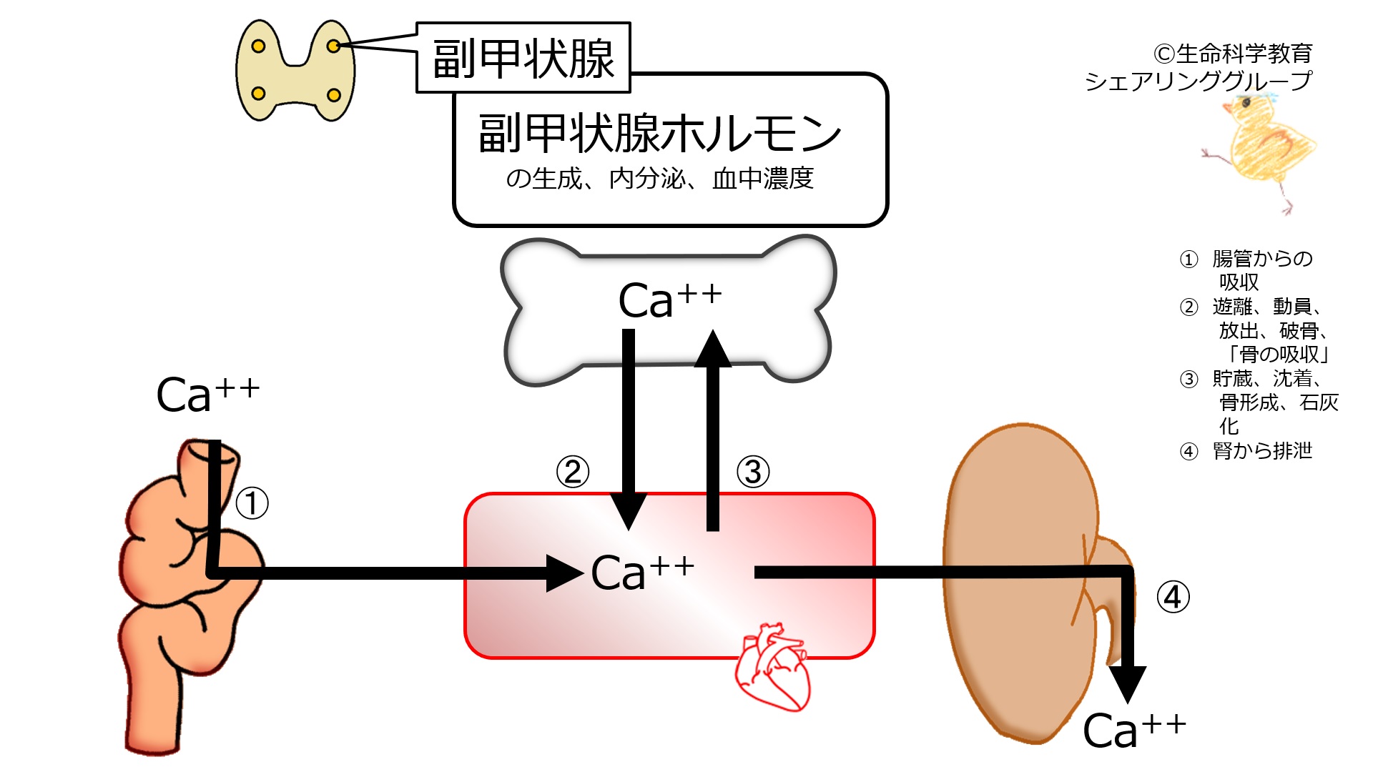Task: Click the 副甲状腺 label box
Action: click(523, 58)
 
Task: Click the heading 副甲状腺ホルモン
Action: click(659, 133)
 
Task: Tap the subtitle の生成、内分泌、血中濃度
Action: click(659, 178)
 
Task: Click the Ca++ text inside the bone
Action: click(669, 299)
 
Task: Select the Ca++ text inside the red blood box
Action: click(642, 572)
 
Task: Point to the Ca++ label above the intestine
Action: click(207, 394)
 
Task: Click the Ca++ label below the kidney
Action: click(1134, 729)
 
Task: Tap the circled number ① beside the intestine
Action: click(252, 503)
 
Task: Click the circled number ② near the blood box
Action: click(573, 472)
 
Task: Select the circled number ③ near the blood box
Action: click(753, 472)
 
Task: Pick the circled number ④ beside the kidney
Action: click(1173, 597)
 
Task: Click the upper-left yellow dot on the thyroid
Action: click(259, 46)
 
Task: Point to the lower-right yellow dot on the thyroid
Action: click(333, 95)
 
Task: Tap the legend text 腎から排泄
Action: click(1263, 450)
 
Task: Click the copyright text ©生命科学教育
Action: click(1233, 53)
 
